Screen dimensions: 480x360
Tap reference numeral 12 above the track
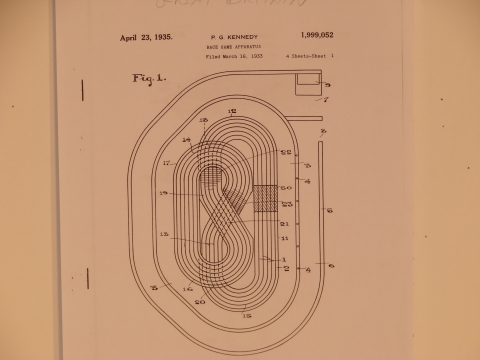coord(232,111)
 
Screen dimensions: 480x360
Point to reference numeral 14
coord(185,140)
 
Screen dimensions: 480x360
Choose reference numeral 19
coord(163,193)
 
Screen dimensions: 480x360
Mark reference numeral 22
coord(285,152)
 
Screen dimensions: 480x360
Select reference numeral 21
coord(284,223)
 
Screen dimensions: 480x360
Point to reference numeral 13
coord(164,236)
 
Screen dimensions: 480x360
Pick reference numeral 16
coord(187,288)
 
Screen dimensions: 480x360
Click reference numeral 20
coord(200,300)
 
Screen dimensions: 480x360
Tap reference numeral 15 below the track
coord(247,315)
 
